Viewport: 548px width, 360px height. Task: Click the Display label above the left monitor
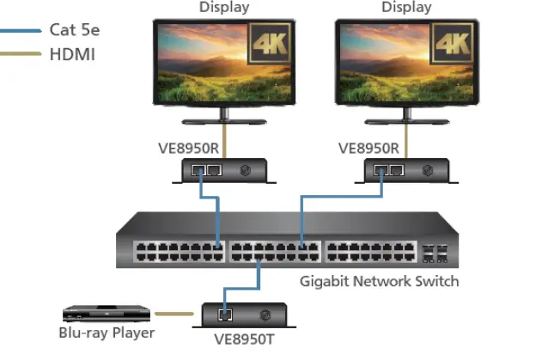(x=224, y=8)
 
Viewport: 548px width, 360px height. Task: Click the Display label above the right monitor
(x=406, y=8)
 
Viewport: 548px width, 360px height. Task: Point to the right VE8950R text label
(x=368, y=147)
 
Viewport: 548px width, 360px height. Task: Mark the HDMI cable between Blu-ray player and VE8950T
(x=176, y=314)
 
